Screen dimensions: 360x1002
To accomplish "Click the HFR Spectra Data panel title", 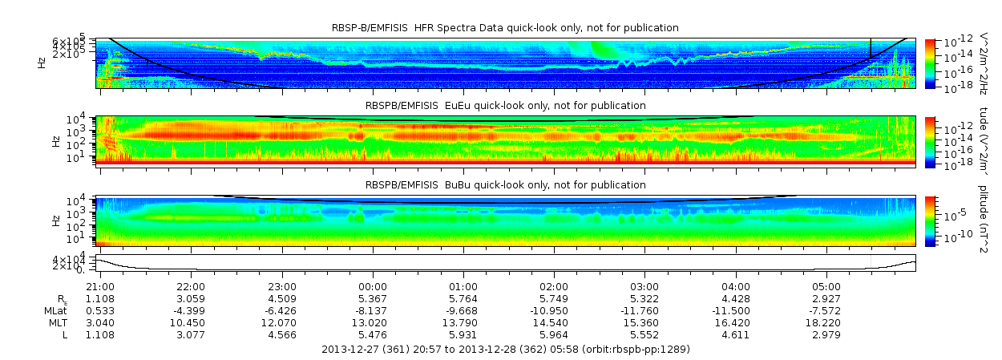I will click(x=505, y=28).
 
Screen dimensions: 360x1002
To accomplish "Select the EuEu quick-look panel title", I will click(x=505, y=105).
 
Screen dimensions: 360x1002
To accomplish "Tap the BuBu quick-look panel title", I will click(x=505, y=185).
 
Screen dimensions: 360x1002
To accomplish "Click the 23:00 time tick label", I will click(x=282, y=286).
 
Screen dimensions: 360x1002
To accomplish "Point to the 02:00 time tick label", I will click(x=555, y=286).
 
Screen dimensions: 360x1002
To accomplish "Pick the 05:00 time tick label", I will click(x=827, y=286).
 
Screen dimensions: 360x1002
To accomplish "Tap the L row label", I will click(x=65, y=334).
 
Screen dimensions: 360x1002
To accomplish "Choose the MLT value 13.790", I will click(x=463, y=322).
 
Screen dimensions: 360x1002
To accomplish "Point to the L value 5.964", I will click(x=555, y=334).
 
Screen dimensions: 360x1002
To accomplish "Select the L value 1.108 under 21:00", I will click(x=100, y=334).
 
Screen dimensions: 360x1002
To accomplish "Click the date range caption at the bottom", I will click(x=505, y=350).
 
